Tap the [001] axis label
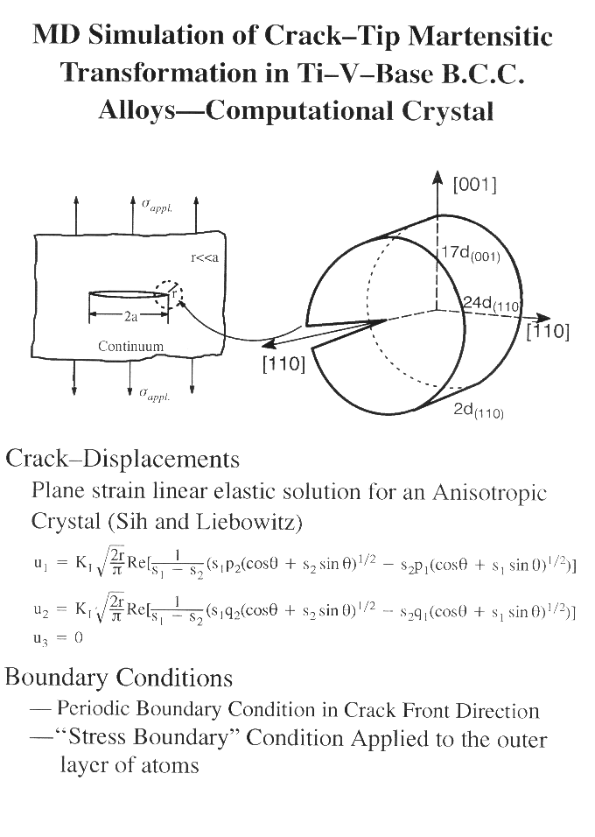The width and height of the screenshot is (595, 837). pyautogui.click(x=474, y=185)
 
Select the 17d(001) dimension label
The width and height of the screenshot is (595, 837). pyautogui.click(x=471, y=253)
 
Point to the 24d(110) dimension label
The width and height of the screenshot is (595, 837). pyautogui.click(x=491, y=304)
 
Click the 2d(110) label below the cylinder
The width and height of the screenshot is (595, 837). pyautogui.click(x=478, y=411)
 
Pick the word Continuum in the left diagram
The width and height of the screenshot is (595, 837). pyautogui.click(x=130, y=346)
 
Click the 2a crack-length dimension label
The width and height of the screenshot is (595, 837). pyautogui.click(x=130, y=317)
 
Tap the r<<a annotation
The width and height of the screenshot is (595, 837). pyautogui.click(x=205, y=257)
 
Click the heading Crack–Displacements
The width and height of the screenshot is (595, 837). pyautogui.click(x=122, y=459)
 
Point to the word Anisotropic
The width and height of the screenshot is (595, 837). pyautogui.click(x=490, y=491)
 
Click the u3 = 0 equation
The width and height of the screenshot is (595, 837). pyautogui.click(x=58, y=637)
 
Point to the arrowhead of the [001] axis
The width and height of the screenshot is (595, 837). pyautogui.click(x=437, y=176)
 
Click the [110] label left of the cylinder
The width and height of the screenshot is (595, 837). pyautogui.click(x=283, y=364)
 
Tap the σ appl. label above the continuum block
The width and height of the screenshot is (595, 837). pyautogui.click(x=157, y=206)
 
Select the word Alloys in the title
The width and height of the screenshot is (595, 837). pyautogui.click(x=137, y=111)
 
